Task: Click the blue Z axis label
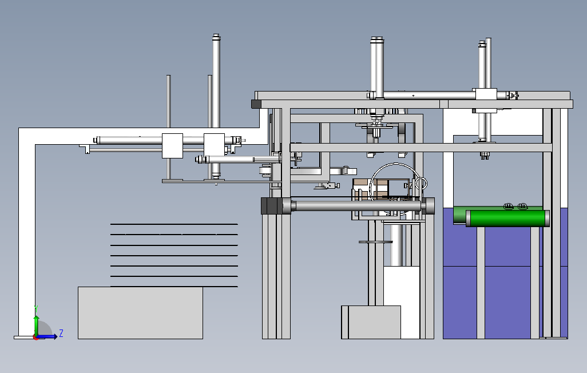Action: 61,334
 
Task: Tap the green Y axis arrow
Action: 36,326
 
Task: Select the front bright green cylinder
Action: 507,218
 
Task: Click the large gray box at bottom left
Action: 140,313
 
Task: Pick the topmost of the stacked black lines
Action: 174,224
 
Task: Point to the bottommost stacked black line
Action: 174,287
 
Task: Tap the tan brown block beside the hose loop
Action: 361,189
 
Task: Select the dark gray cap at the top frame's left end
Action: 256,104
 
